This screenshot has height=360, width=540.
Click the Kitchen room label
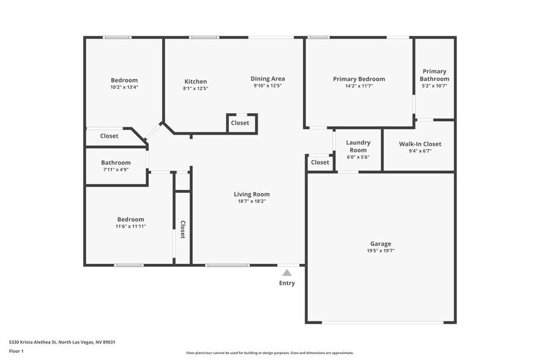pos(195,81)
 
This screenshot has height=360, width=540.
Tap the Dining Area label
pos(268,78)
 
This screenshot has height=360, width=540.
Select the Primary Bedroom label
pos(359,79)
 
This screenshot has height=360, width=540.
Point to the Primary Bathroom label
pos(434,75)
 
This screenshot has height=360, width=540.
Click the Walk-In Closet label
pos(419,144)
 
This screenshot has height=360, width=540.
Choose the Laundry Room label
pos(358,146)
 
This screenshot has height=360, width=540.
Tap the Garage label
pos(380,243)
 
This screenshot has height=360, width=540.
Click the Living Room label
pos(252,194)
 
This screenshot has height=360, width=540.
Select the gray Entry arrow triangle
pos(287,272)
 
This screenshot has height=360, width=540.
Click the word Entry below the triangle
pos(287,283)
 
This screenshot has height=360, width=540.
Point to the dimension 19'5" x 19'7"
pos(380,250)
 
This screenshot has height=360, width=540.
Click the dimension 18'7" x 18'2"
pos(252,201)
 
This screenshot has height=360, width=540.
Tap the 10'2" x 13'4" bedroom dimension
pos(124,87)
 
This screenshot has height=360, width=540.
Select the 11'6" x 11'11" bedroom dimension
pos(130,226)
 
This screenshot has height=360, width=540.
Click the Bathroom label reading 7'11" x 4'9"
pos(116,170)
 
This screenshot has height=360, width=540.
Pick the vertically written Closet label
pos(182,229)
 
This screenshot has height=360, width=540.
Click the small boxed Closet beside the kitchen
pos(240,123)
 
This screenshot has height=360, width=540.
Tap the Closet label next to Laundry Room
pos(320,162)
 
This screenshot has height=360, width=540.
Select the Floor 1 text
pos(16,351)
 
